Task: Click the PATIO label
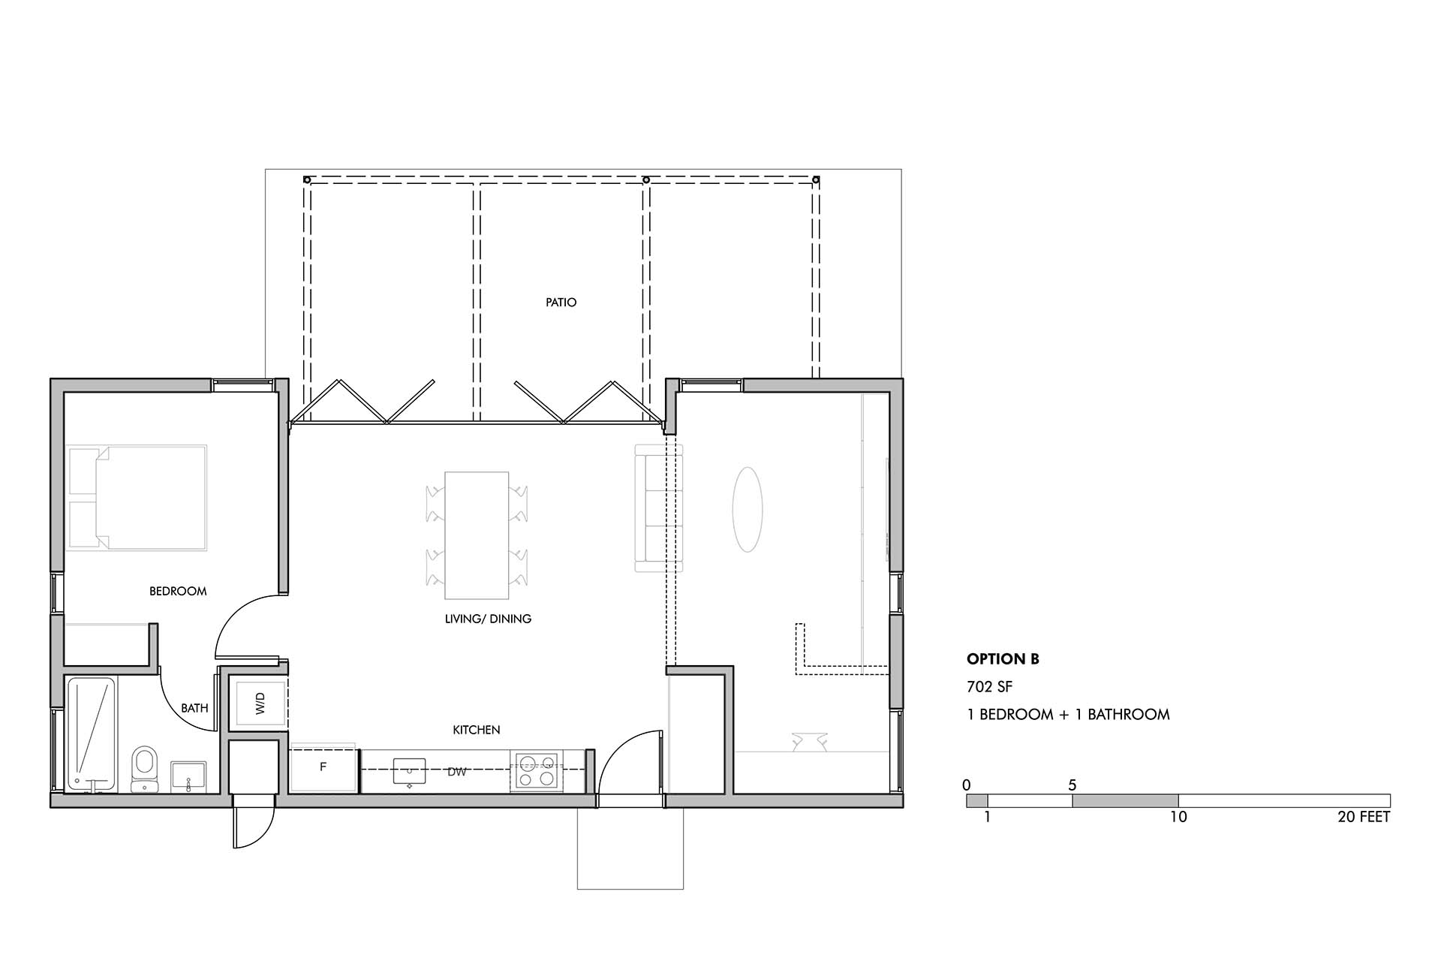(561, 303)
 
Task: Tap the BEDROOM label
(178, 591)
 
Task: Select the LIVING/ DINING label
(488, 619)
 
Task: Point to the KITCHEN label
(477, 730)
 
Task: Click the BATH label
(194, 707)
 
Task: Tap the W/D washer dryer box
(257, 703)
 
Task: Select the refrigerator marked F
(323, 768)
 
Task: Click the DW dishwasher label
(457, 772)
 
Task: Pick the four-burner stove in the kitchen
(536, 771)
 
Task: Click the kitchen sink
(410, 773)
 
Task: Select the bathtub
(91, 734)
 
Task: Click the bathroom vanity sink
(188, 776)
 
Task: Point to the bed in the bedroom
(137, 499)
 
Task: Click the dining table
(477, 535)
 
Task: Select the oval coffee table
(748, 509)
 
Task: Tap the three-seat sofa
(659, 508)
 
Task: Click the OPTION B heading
(1003, 659)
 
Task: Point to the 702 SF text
(989, 687)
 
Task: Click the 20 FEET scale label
(1364, 817)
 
